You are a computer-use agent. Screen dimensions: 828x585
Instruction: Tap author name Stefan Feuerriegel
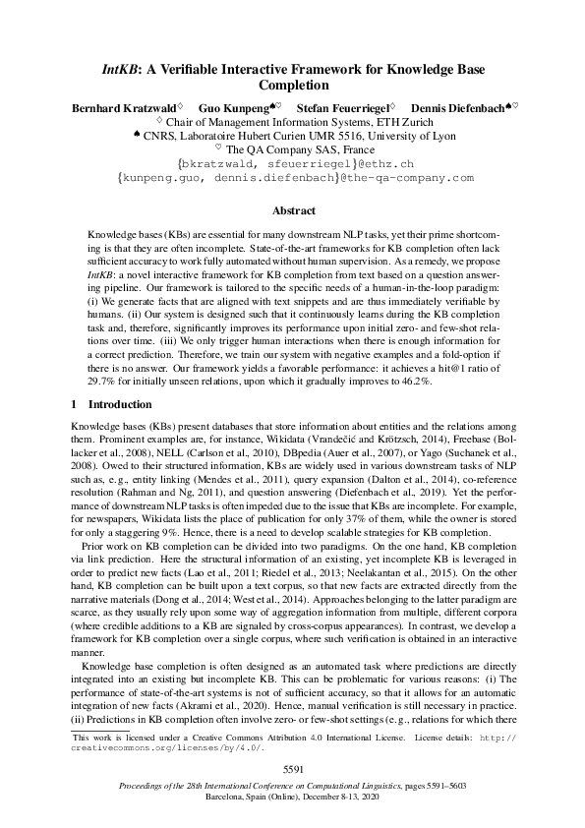coord(343,106)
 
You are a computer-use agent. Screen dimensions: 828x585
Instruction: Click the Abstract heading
coord(292,210)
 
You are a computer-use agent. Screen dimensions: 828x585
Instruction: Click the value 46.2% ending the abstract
coord(410,379)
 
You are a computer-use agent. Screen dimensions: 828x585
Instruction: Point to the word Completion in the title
coord(292,87)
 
